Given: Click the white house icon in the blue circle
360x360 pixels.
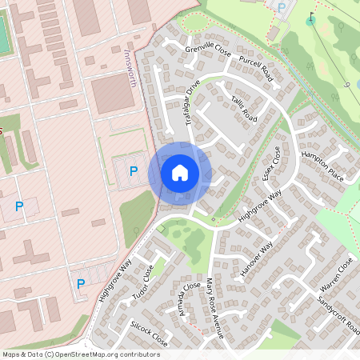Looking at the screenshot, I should point(180,172).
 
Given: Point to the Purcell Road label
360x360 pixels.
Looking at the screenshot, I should point(256,70).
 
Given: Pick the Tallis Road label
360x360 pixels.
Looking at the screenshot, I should point(244,110).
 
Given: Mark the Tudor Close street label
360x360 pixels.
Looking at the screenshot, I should point(142,285).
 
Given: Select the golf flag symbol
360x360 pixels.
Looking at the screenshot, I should point(310,17).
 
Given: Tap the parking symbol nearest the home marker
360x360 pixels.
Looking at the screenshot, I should point(134,170).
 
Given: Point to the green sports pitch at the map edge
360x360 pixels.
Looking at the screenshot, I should point(4,36).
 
